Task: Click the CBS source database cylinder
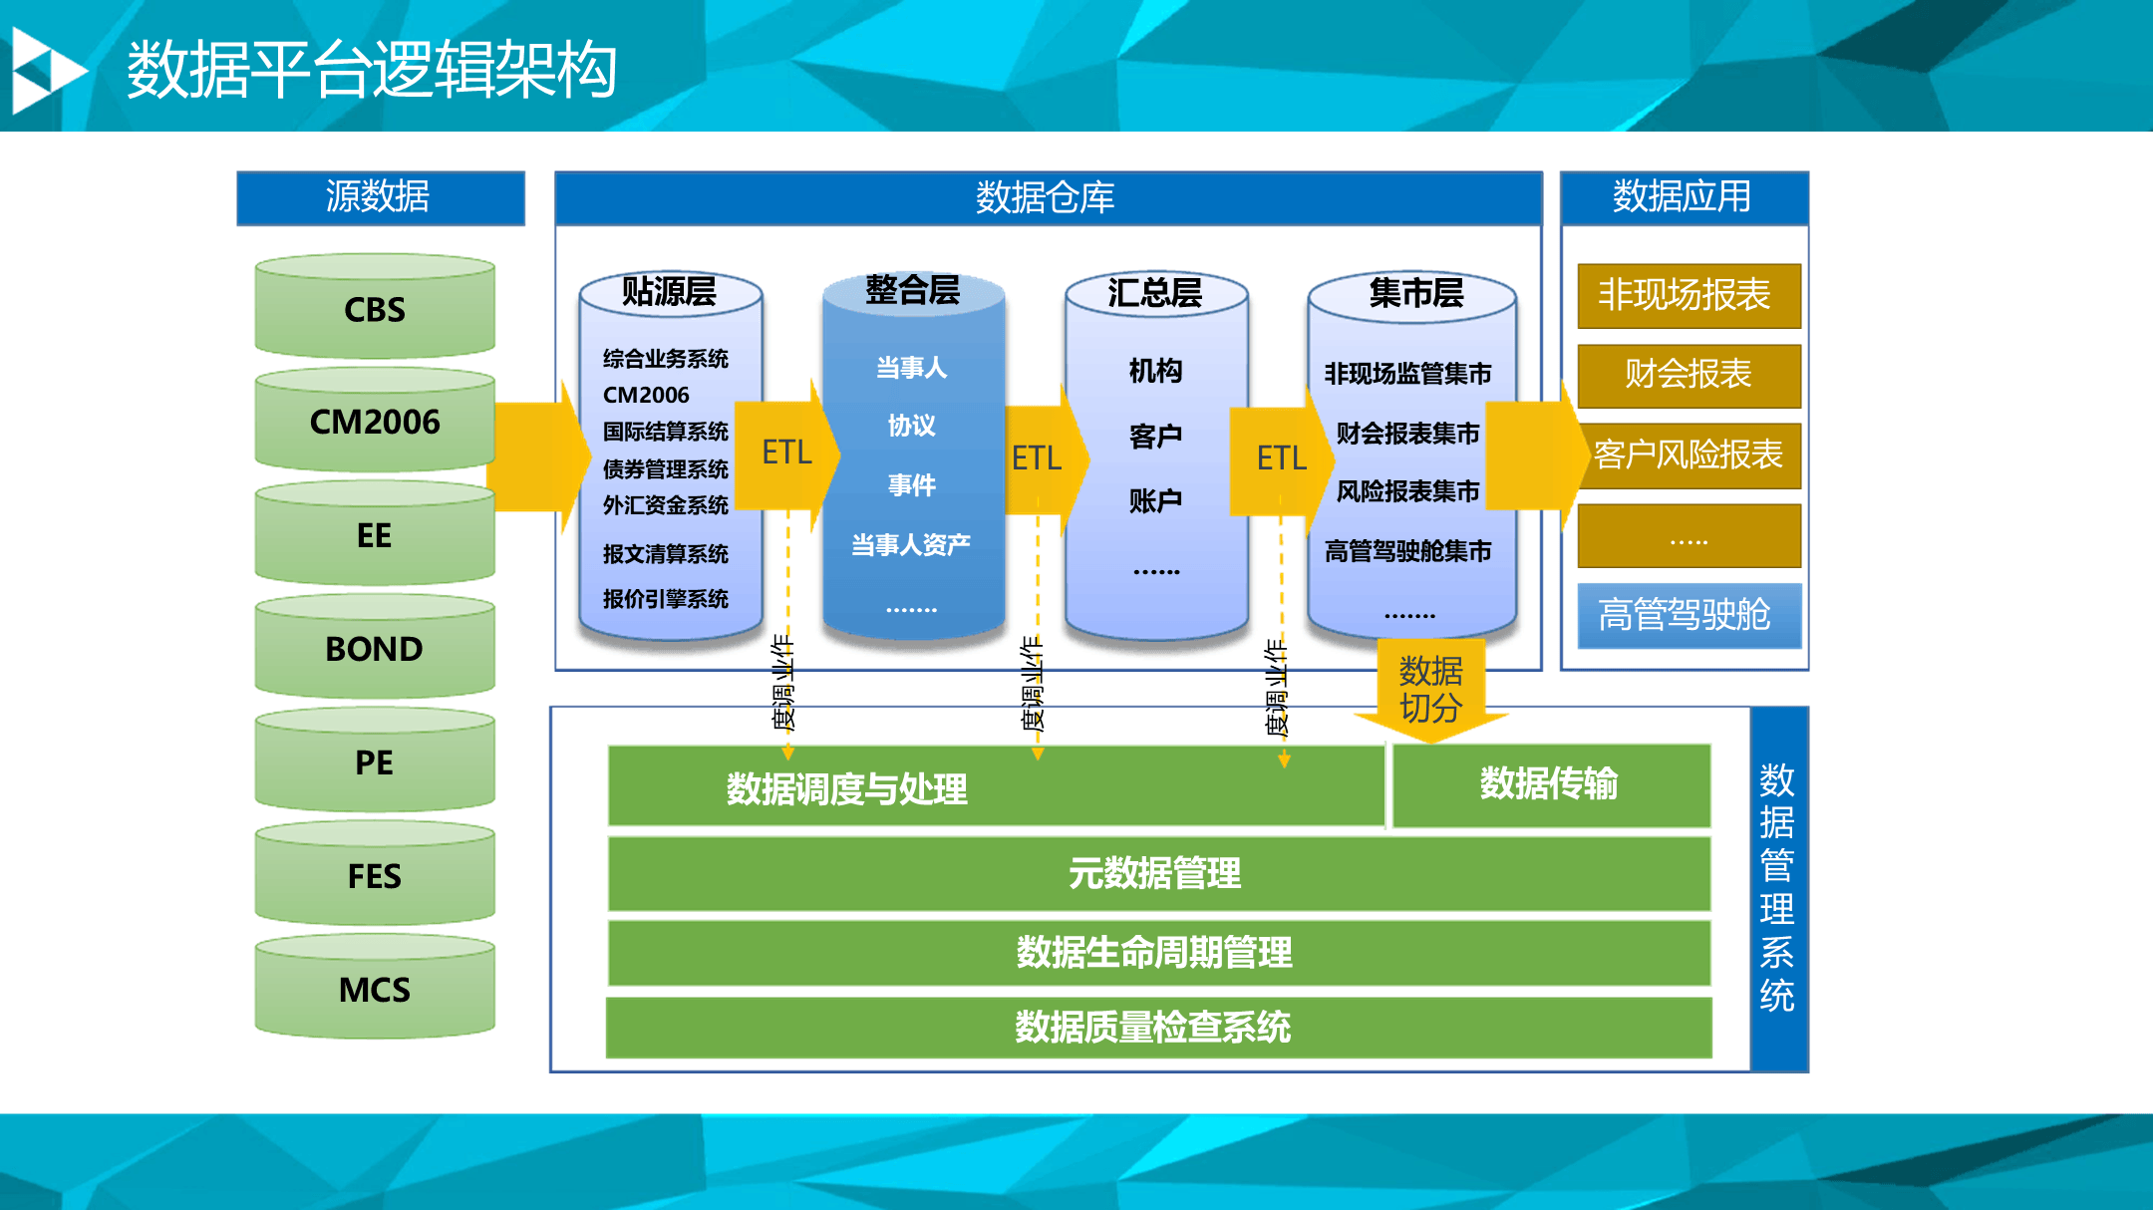click(x=375, y=309)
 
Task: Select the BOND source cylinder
click(x=375, y=649)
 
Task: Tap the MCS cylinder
click(x=375, y=990)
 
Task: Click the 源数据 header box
click(x=380, y=197)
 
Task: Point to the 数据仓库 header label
click(x=1046, y=197)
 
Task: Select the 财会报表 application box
click(x=1688, y=375)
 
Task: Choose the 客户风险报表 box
click(x=1688, y=455)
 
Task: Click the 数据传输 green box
click(x=1550, y=784)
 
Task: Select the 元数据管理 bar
click(x=1157, y=873)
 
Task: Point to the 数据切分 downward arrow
click(x=1430, y=691)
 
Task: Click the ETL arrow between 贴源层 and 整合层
click(x=787, y=454)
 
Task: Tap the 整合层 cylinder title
click(x=912, y=290)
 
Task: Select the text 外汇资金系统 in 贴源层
click(x=665, y=505)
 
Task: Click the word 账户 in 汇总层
click(x=1155, y=500)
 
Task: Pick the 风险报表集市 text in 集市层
click(x=1407, y=491)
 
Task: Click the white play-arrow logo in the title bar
click(x=46, y=70)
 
